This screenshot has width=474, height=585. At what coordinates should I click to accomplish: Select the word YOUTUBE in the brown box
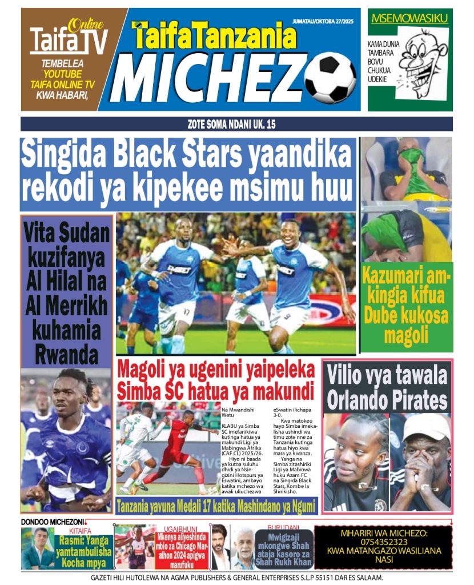(x=62, y=74)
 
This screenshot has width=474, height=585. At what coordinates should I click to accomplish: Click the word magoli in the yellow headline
(x=406, y=335)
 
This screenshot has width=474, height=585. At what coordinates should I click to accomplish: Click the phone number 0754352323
(x=383, y=542)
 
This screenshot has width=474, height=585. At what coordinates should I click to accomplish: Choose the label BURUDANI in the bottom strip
(x=283, y=528)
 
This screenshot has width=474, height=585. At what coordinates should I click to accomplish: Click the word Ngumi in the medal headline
(x=298, y=505)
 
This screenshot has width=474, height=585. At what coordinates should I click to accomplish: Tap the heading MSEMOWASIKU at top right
(x=409, y=19)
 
